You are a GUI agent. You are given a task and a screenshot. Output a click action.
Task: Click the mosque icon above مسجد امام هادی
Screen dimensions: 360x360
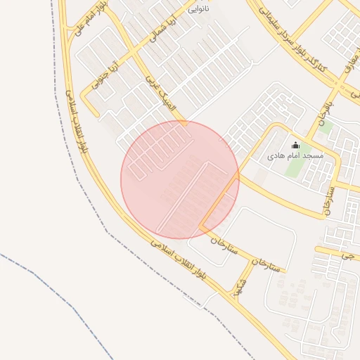pyautogui.click(x=295, y=146)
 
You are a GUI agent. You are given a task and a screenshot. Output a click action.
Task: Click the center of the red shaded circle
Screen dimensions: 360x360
pyautogui.click(x=180, y=179)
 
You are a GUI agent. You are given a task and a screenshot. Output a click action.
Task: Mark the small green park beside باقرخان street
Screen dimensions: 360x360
pyautogui.click(x=325, y=127)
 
